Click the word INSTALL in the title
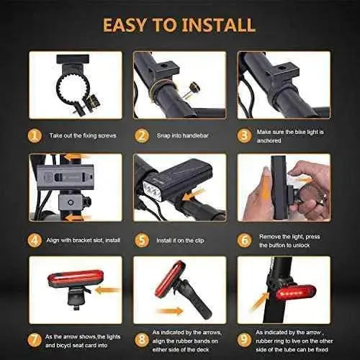218,25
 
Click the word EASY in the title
125,25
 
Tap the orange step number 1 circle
35,136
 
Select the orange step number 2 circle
142,136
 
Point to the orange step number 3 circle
244,136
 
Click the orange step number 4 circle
35,240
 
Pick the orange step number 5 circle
142,240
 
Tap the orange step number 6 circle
245,240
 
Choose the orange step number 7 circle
35,341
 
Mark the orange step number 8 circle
142,341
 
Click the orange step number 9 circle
244,341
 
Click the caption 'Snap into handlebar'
182,135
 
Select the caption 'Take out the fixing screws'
83,135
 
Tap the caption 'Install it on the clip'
180,240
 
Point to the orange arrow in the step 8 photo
170,311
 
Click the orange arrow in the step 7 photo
107,290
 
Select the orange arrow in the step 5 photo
193,194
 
